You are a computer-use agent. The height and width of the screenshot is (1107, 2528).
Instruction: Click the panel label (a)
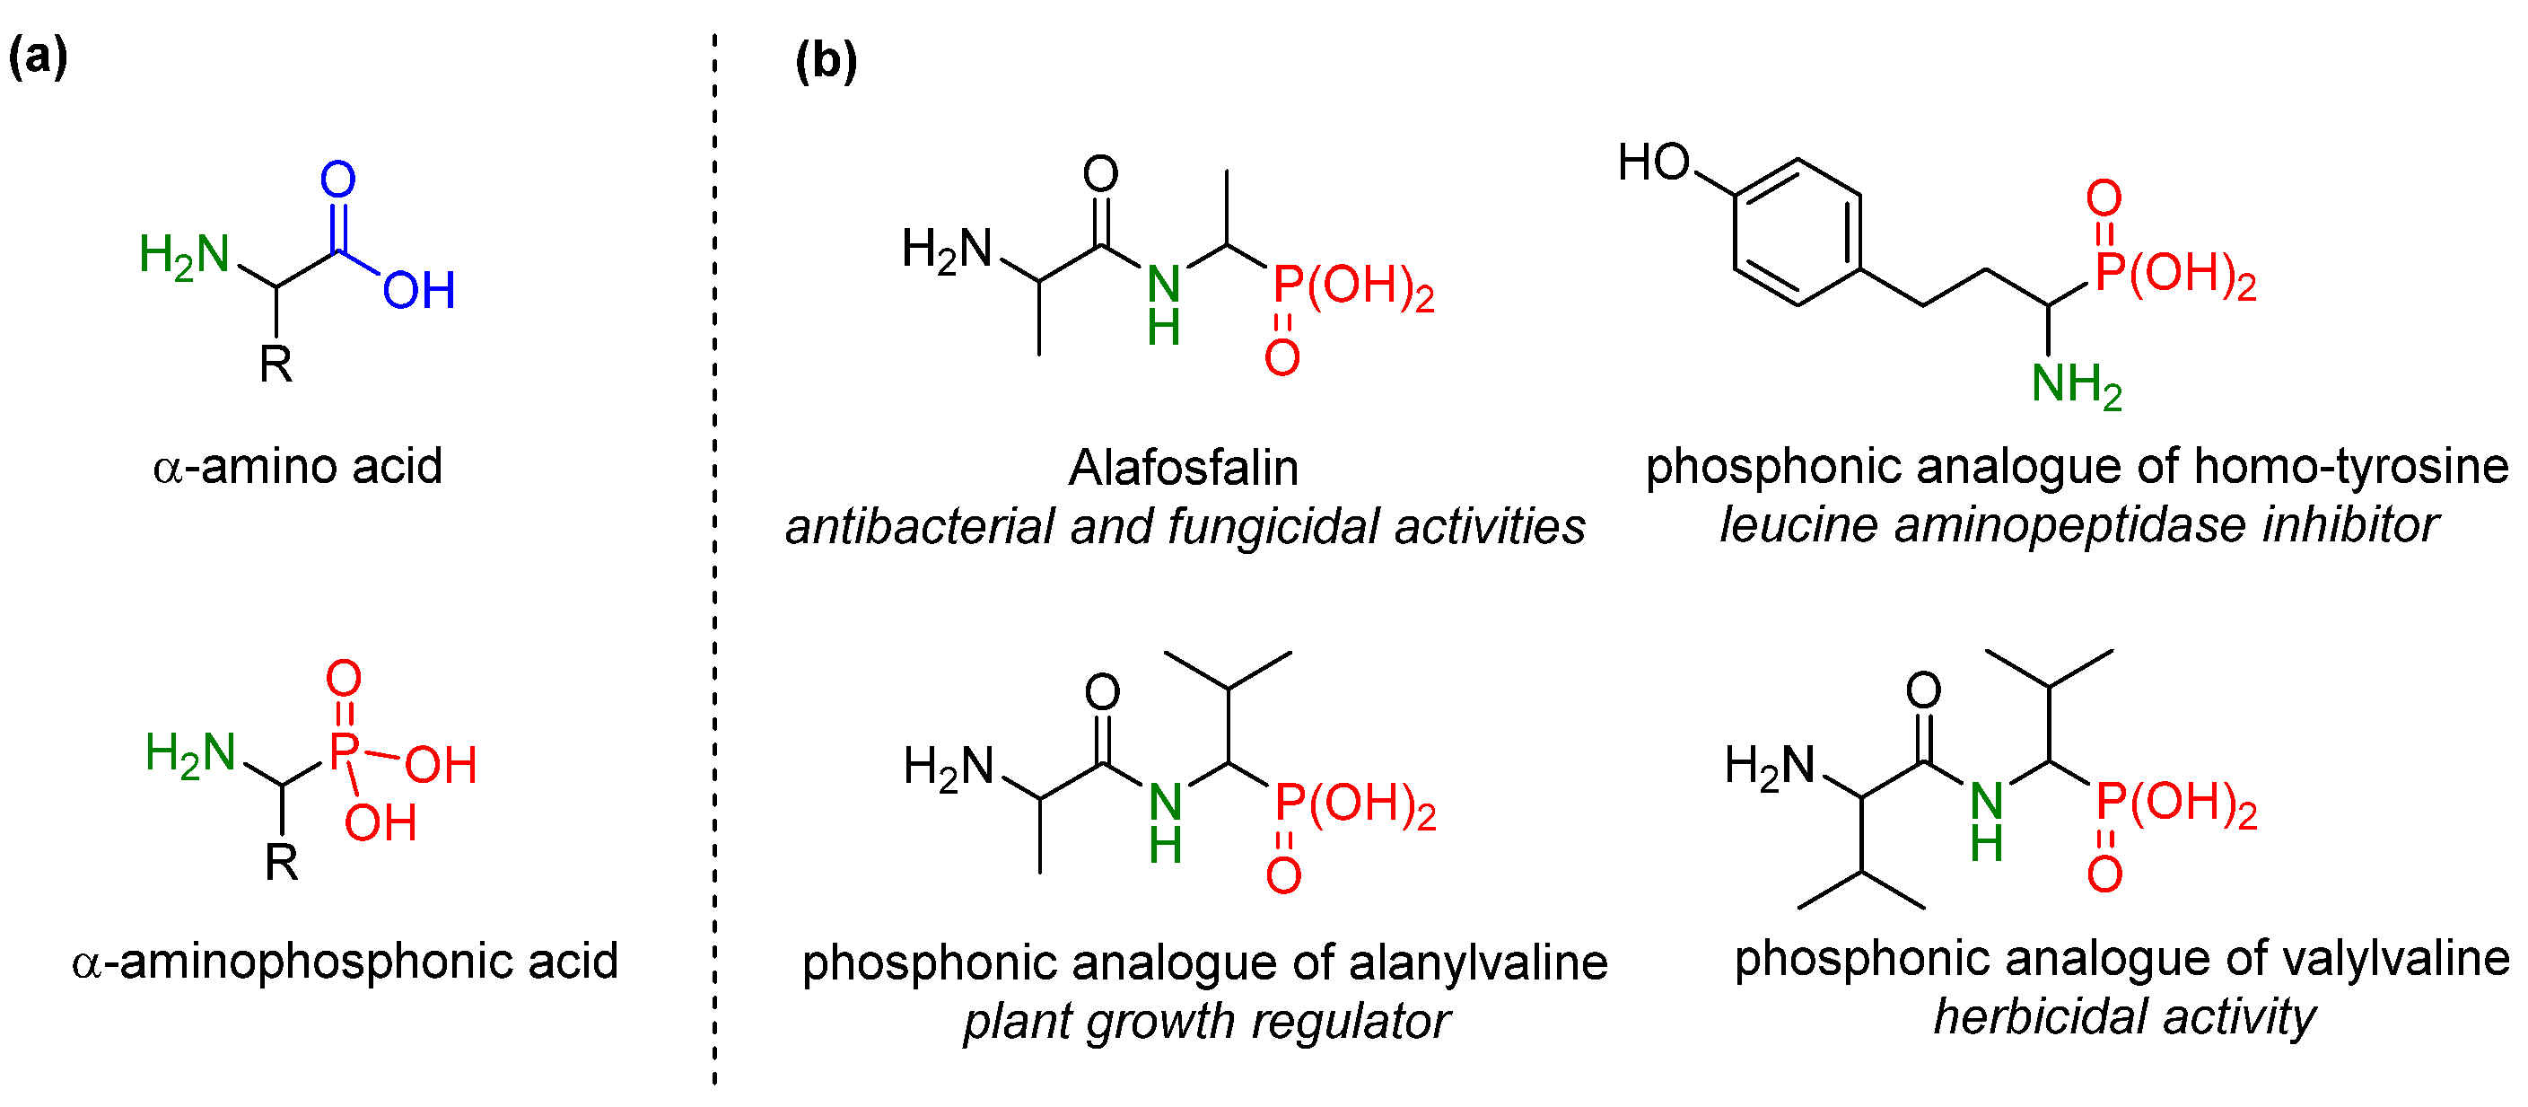[39, 56]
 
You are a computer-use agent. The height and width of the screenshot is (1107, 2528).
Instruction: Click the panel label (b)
[826, 61]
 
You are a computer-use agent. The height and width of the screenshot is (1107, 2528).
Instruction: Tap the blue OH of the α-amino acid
[419, 291]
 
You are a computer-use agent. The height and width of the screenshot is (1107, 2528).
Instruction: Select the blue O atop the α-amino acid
[337, 180]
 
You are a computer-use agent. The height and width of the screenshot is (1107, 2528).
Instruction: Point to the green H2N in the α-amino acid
[185, 255]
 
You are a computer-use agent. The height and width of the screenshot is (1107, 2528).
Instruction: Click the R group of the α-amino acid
[276, 365]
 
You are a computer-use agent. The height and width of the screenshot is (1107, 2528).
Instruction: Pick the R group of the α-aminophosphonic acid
[282, 864]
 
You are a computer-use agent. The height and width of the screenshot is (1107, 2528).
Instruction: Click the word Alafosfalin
[1183, 468]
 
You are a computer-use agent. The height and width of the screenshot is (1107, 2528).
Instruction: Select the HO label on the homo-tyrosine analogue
[1654, 162]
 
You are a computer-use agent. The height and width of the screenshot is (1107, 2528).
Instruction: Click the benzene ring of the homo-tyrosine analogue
[1797, 233]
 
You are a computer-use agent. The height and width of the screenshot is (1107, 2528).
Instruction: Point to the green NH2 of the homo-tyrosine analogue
[2077, 383]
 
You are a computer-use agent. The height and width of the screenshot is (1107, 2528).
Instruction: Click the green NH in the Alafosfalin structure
[1164, 304]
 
